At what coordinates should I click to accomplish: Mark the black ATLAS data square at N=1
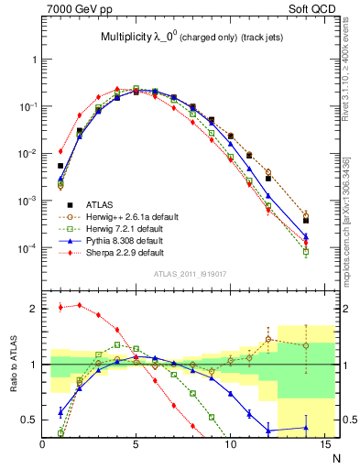pos(60,166)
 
